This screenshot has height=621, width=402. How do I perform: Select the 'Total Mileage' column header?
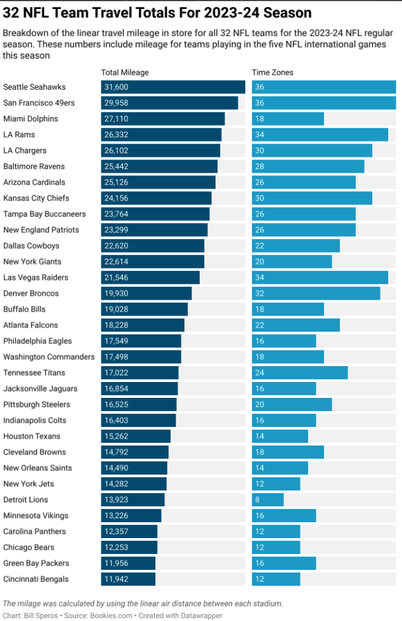click(x=125, y=73)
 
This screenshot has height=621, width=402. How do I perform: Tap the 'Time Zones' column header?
click(x=272, y=73)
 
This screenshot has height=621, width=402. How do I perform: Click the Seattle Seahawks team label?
click(x=35, y=87)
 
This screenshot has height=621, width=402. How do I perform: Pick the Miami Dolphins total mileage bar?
click(x=163, y=119)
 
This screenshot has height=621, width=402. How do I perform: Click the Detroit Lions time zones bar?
click(x=268, y=499)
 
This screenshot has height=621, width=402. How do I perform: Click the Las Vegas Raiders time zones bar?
click(x=320, y=278)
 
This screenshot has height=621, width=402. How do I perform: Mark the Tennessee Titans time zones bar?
click(x=300, y=373)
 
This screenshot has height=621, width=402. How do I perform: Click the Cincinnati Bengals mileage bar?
click(x=128, y=579)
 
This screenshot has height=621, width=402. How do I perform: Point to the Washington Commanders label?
click(x=49, y=357)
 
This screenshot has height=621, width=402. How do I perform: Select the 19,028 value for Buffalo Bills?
click(x=116, y=309)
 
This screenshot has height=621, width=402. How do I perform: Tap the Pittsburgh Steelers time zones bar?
click(x=291, y=405)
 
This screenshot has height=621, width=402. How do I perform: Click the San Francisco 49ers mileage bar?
click(x=170, y=103)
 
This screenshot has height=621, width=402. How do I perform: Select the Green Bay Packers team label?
click(x=36, y=563)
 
